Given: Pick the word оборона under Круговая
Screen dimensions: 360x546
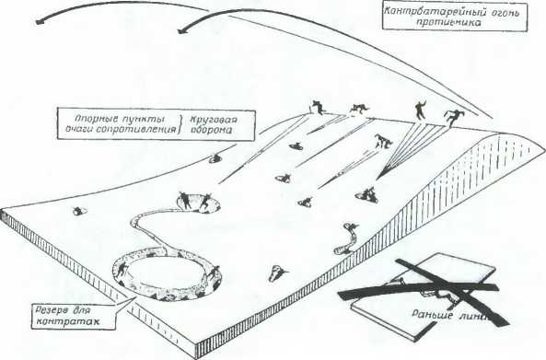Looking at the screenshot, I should click(x=210, y=133).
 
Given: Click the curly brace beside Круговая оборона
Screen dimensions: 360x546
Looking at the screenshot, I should click(x=185, y=126).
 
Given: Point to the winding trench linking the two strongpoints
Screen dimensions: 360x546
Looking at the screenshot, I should click(x=147, y=229).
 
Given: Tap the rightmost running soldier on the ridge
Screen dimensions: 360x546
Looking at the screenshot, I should click(x=453, y=117).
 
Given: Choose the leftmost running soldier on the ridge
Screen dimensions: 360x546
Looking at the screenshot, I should click(x=317, y=108).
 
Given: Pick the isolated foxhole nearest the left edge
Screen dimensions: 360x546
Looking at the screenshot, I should click(x=79, y=212).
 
